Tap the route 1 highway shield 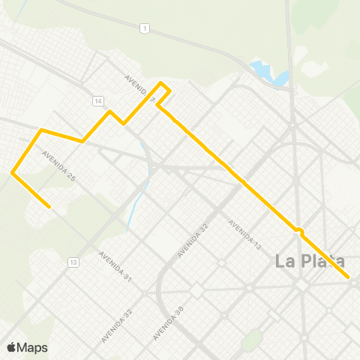(142, 28)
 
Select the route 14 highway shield (98, 100)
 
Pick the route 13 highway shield (73, 262)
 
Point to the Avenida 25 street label (59, 166)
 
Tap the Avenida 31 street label (116, 267)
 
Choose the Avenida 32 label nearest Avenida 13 (192, 241)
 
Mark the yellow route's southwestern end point (49, 207)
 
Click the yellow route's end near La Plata (349, 277)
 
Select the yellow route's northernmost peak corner (161, 82)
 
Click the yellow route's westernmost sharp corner (13, 173)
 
